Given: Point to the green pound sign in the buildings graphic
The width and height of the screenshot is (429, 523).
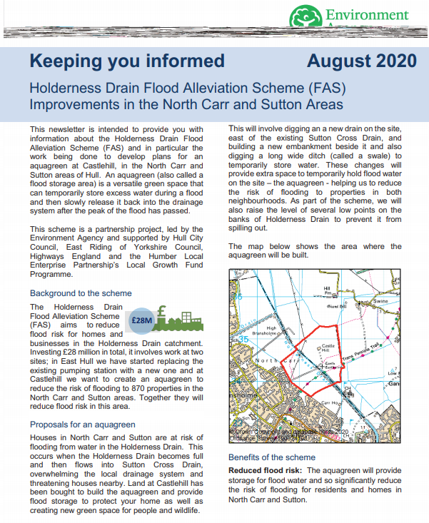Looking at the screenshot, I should pyautogui.click(x=163, y=312).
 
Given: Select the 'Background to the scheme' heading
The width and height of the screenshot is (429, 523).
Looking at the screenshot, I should pyautogui.click(x=81, y=293).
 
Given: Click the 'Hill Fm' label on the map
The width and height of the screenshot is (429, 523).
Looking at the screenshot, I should pyautogui.click(x=327, y=291).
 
